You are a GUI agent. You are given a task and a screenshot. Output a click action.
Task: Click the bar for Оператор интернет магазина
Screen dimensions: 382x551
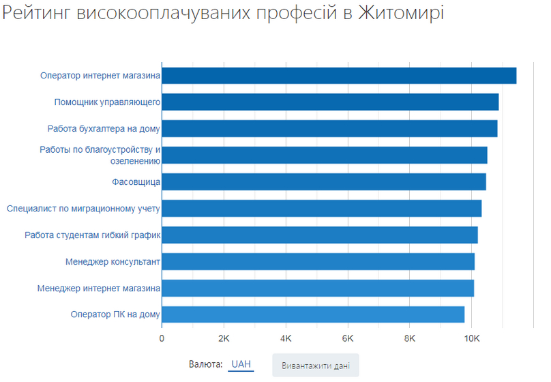[339, 76]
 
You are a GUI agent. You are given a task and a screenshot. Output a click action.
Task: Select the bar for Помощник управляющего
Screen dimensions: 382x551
[330, 102]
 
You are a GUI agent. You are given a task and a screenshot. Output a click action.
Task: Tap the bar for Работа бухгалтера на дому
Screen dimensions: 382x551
[329, 129]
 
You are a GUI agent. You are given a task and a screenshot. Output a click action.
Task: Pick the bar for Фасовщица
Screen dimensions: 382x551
[324, 182]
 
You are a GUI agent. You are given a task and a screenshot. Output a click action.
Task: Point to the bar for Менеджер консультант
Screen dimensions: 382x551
[318, 262]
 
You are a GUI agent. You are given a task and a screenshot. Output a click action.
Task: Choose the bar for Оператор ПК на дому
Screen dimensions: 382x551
[313, 314]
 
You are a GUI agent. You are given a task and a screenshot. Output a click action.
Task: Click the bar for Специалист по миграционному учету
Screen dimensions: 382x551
[322, 209]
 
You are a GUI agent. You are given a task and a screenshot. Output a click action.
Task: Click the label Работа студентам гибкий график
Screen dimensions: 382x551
[92, 235]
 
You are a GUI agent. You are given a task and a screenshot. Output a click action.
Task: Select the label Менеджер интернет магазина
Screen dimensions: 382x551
[99, 289]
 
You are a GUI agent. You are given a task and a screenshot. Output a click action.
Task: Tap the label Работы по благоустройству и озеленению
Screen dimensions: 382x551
[100, 156]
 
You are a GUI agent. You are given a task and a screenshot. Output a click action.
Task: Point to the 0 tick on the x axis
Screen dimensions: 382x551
[162, 338]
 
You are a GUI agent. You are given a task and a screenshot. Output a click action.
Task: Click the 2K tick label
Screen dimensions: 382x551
[224, 338]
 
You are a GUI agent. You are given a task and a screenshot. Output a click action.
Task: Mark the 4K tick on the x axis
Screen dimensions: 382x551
[286, 338]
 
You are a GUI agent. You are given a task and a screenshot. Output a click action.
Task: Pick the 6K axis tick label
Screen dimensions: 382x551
[348, 338]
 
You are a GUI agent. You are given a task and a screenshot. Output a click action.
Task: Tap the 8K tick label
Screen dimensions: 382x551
[410, 338]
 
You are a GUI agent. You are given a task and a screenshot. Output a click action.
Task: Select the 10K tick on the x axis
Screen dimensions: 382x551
[472, 338]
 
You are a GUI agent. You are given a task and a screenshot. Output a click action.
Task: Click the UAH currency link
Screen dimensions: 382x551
[241, 364]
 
